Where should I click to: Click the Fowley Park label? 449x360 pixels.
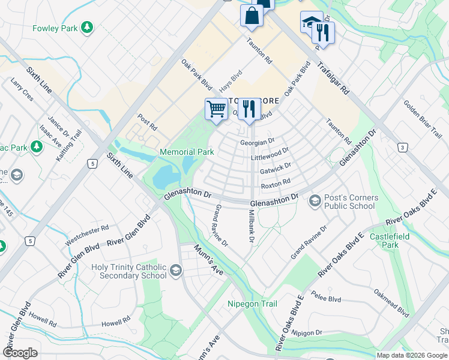click(x=55, y=28)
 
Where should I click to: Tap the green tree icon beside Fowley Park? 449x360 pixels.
click(x=88, y=27)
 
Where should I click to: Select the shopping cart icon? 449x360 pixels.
click(x=216, y=110)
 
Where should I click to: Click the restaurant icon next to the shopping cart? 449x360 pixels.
click(x=249, y=110)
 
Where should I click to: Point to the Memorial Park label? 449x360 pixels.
click(x=187, y=152)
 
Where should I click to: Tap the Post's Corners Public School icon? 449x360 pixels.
click(x=314, y=202)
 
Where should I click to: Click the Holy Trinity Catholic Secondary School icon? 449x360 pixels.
click(x=175, y=271)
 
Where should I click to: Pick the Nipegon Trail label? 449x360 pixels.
click(x=252, y=304)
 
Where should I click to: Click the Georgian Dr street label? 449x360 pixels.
click(x=257, y=142)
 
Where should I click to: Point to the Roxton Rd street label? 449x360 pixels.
click(x=276, y=181)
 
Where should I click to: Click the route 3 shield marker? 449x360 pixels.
click(x=402, y=147)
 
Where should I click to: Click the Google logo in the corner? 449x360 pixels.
click(x=20, y=353)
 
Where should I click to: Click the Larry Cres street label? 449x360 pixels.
click(x=21, y=89)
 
